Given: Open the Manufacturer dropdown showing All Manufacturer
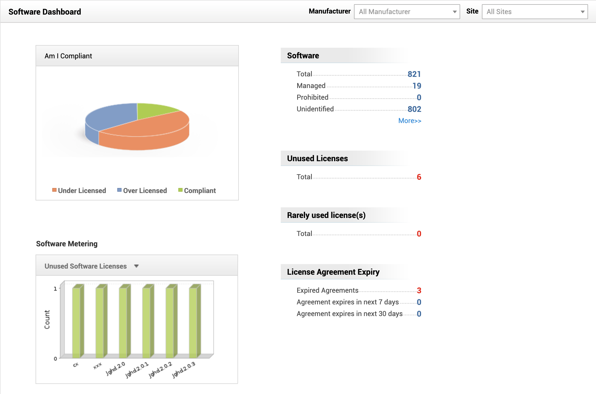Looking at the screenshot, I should [x=407, y=12].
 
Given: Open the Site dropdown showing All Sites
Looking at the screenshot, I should [x=534, y=12].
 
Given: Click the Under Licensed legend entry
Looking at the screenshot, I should [x=79, y=191].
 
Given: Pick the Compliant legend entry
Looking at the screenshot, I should [x=197, y=191].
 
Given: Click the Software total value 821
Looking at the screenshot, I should [x=414, y=74].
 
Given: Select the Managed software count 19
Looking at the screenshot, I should [x=417, y=86].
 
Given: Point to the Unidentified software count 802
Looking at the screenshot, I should [x=414, y=109].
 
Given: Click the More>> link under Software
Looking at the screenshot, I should [x=409, y=121].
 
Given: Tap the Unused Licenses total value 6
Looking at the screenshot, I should [x=419, y=177].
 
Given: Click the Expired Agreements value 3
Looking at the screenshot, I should [x=419, y=291].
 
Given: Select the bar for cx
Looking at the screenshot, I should [x=77, y=322].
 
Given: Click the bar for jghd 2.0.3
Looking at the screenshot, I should [x=193, y=322].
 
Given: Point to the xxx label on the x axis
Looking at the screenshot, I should [x=97, y=366].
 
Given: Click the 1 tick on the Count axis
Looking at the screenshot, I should [x=55, y=289].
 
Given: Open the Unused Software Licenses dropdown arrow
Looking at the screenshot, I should [x=136, y=266].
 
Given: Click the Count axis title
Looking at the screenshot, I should [x=47, y=319].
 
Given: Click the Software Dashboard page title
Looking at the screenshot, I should [x=45, y=12].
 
